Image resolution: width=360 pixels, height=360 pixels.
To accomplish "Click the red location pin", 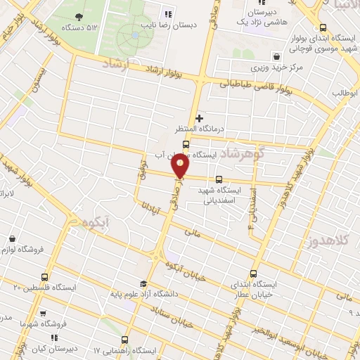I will pyautogui.click(x=181, y=166).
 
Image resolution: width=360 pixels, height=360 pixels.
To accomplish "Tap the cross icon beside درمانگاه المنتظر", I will pyautogui.click(x=200, y=118).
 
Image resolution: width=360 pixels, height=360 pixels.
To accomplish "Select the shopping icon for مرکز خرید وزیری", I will pyautogui.click(x=277, y=56).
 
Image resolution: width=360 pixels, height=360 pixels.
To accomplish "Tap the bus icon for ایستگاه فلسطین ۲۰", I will pyautogui.click(x=45, y=277).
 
